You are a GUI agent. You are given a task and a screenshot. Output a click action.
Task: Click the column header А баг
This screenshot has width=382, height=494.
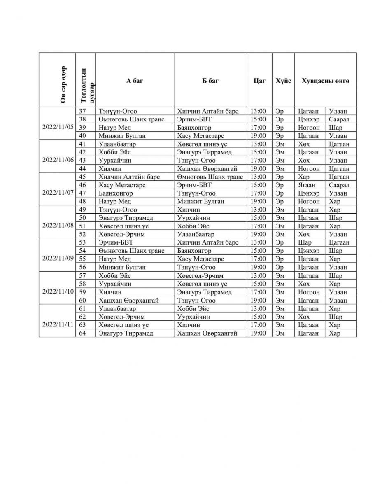[135, 81]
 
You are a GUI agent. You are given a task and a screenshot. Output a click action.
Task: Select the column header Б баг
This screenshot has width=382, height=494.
[210, 81]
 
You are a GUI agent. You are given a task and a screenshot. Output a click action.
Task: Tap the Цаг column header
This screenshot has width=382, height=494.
[259, 81]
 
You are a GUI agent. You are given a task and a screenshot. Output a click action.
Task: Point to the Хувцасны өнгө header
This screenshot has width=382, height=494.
[325, 81]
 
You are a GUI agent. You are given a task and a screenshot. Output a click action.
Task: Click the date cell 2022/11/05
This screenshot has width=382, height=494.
[58, 127]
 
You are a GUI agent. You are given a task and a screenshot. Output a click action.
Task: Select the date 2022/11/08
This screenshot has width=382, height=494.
[58, 226]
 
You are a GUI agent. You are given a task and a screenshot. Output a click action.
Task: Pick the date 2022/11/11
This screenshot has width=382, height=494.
[58, 324]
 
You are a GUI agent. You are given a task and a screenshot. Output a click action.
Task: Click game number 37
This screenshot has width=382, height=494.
[82, 111]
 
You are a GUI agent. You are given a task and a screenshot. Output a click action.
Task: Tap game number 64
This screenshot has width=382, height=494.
[82, 333]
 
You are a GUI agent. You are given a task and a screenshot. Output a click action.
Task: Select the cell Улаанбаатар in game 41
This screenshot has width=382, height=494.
[117, 144]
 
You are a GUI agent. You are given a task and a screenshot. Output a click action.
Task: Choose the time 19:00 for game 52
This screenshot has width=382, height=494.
[259, 234]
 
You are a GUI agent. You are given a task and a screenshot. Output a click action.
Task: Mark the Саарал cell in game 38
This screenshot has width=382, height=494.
[339, 119]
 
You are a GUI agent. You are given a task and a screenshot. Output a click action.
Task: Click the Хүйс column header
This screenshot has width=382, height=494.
[283, 81]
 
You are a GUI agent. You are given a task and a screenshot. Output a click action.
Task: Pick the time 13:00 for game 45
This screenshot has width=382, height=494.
[259, 177]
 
